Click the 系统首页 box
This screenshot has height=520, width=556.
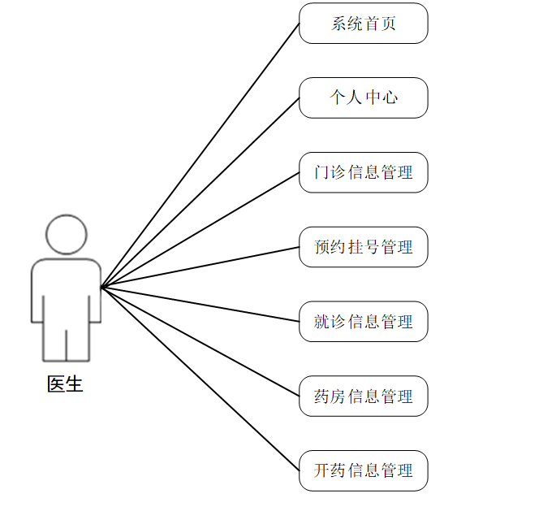point(363,24)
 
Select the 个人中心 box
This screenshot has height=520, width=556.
point(363,97)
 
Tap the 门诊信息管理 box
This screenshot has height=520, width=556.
point(363,172)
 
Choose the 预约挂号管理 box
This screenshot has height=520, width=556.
point(363,247)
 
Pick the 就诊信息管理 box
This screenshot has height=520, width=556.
point(363,322)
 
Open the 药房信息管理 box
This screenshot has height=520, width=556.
point(363,396)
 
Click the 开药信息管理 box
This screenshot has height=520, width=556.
point(363,470)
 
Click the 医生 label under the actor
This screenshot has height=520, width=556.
point(65,384)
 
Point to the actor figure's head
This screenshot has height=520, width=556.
point(66,235)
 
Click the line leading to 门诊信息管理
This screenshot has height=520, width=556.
point(200,230)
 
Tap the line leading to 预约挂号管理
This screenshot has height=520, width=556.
point(200,267)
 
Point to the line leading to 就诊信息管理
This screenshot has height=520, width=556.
point(200,304)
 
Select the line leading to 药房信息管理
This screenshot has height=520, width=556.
point(200,341)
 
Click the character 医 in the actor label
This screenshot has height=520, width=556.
point(56,384)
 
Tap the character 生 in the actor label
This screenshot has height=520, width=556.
point(74,384)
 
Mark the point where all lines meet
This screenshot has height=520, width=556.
point(101,287)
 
